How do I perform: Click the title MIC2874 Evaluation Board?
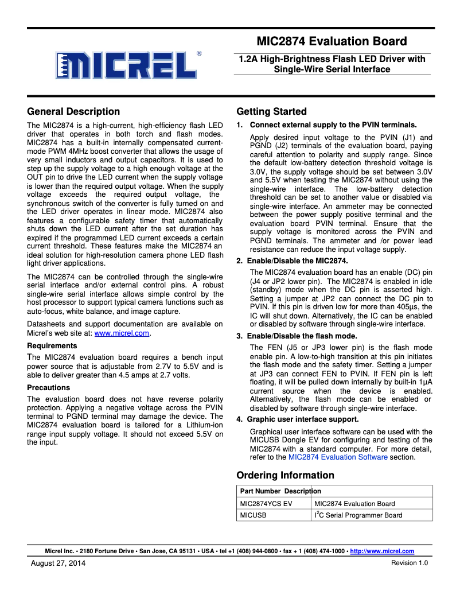[332, 41]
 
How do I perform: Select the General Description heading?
[73, 111]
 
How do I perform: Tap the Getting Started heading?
[271, 111]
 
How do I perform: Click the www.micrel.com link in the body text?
[122, 333]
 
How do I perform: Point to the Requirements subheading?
[52, 346]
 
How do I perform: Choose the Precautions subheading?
[49, 387]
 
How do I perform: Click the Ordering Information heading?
[285, 475]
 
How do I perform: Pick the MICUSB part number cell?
[254, 515]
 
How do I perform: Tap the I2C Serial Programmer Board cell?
[358, 515]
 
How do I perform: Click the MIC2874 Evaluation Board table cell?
[355, 504]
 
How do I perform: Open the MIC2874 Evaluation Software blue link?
[338, 457]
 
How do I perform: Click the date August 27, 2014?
[57, 563]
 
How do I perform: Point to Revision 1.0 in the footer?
[410, 563]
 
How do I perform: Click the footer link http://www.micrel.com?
[382, 551]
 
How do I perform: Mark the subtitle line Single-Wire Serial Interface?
[332, 69]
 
